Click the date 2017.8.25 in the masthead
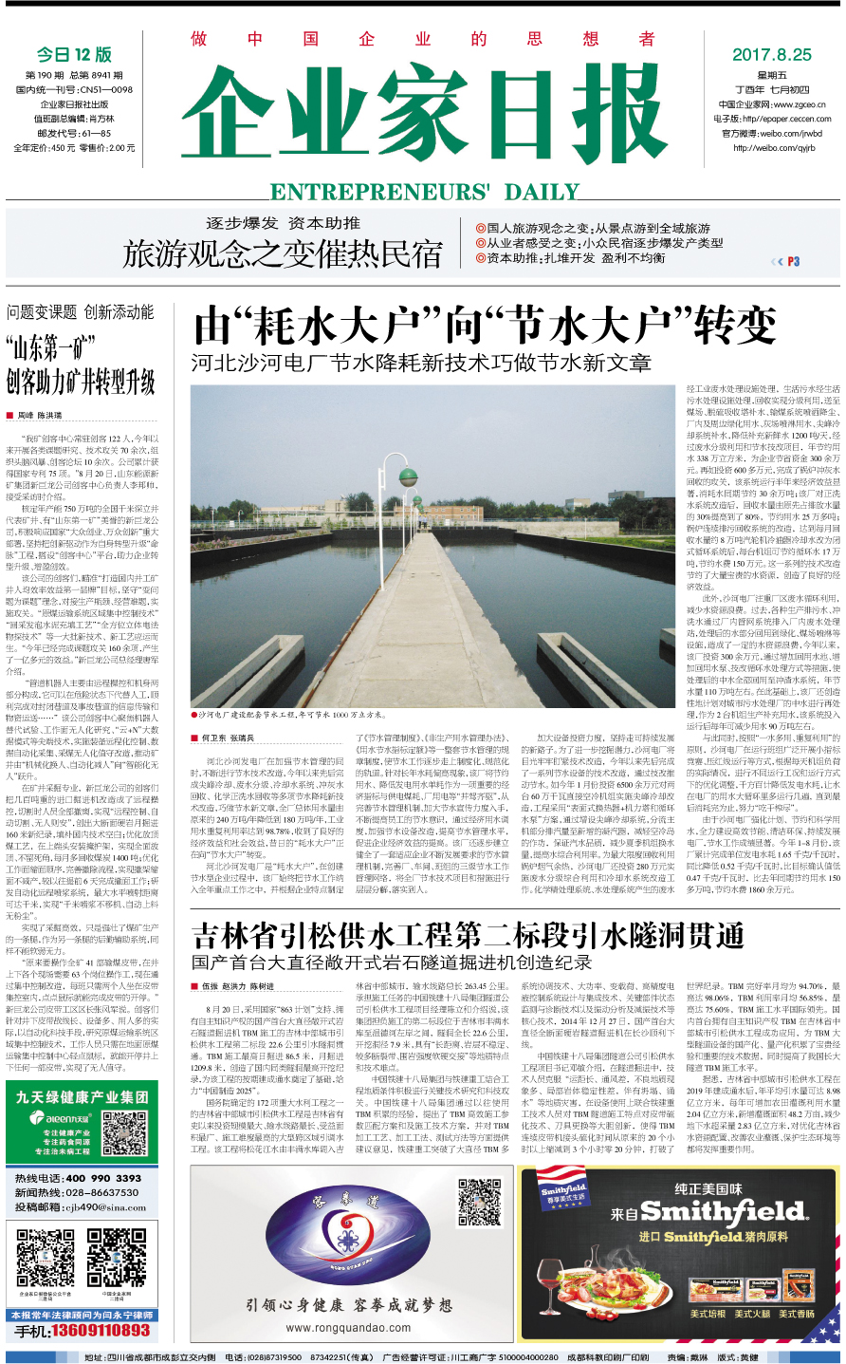coord(771,54)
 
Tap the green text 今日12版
coord(74,54)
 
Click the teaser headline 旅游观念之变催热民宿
coord(283,254)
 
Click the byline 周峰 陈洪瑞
coord(39,416)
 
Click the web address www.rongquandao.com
coord(348,1328)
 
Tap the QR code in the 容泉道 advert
coord(479,1201)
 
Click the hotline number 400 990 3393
coord(102,1178)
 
